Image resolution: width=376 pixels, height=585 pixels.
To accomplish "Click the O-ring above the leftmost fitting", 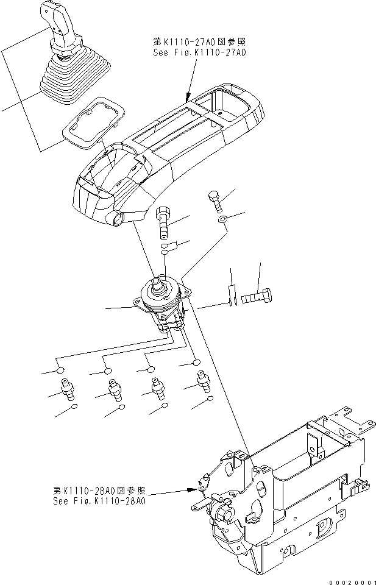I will pos(60,369).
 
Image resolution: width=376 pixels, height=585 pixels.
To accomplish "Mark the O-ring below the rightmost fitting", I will pos(209,399).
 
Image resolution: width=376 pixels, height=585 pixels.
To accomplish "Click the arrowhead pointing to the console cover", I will pos(188,97).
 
